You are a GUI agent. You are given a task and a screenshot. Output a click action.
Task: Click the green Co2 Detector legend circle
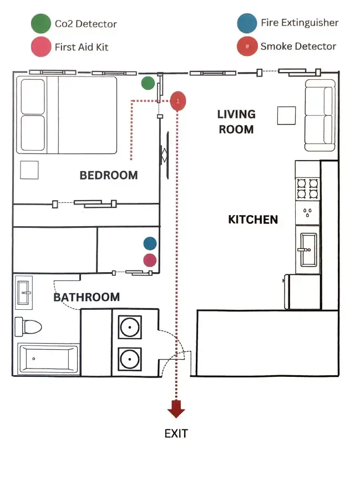click(x=40, y=24)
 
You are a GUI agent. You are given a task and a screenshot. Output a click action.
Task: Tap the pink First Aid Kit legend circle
click(x=40, y=47)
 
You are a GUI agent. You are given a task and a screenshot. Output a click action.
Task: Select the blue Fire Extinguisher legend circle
click(x=247, y=23)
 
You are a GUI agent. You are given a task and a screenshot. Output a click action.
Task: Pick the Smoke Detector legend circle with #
click(x=247, y=46)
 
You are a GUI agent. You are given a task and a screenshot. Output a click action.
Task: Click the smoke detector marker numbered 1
click(x=178, y=101)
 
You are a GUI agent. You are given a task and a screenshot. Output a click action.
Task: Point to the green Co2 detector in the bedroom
click(x=148, y=83)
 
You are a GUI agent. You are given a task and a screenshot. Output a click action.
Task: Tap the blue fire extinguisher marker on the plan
click(x=150, y=243)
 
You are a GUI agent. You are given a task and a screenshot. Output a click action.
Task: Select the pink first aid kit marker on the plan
click(x=150, y=260)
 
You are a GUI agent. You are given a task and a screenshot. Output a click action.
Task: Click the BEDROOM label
click(x=109, y=175)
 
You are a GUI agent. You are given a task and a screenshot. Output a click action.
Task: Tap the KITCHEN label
click(x=253, y=219)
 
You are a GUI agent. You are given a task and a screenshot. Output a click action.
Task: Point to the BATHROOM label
click(x=87, y=297)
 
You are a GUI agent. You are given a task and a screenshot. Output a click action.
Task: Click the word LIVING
click(x=236, y=114)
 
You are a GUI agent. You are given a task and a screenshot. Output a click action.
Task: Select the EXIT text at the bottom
click(x=176, y=433)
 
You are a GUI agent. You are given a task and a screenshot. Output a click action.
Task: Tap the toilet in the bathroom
click(x=28, y=326)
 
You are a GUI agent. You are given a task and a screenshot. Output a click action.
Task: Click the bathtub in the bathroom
click(x=48, y=359)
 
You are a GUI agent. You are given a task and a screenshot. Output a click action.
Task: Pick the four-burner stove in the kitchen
click(x=308, y=188)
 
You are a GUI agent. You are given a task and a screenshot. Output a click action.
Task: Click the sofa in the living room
click(x=320, y=115)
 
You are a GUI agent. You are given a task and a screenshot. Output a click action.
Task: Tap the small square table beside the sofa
click(x=286, y=115)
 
